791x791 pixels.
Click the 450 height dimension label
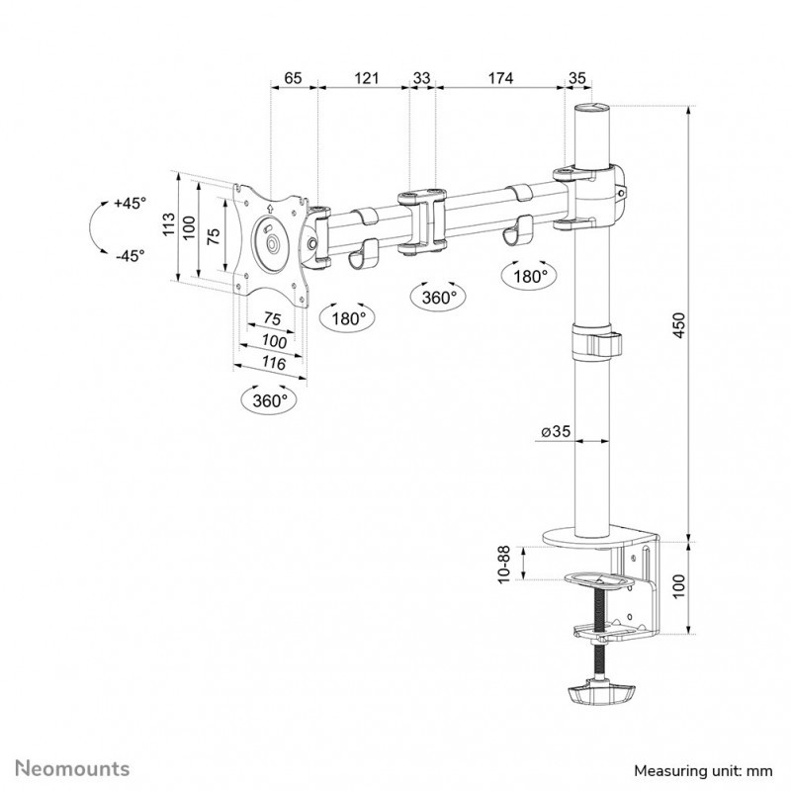[680, 325]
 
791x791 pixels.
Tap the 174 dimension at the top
[500, 78]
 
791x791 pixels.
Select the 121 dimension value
[366, 78]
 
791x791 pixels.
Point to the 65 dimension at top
[293, 78]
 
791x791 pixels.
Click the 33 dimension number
[422, 78]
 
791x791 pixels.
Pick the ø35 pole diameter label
[556, 431]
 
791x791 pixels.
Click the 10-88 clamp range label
[505, 565]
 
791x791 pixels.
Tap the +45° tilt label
[131, 204]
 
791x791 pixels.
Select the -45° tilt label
[131, 256]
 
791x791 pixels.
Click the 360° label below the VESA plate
[270, 400]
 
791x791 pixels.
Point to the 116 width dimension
[274, 363]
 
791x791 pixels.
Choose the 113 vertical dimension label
[169, 223]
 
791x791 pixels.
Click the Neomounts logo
[72, 769]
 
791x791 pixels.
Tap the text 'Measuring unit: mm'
[703, 771]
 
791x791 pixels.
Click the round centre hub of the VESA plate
[273, 243]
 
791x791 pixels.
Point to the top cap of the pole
[591, 107]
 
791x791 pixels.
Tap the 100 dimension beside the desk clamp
[680, 586]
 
